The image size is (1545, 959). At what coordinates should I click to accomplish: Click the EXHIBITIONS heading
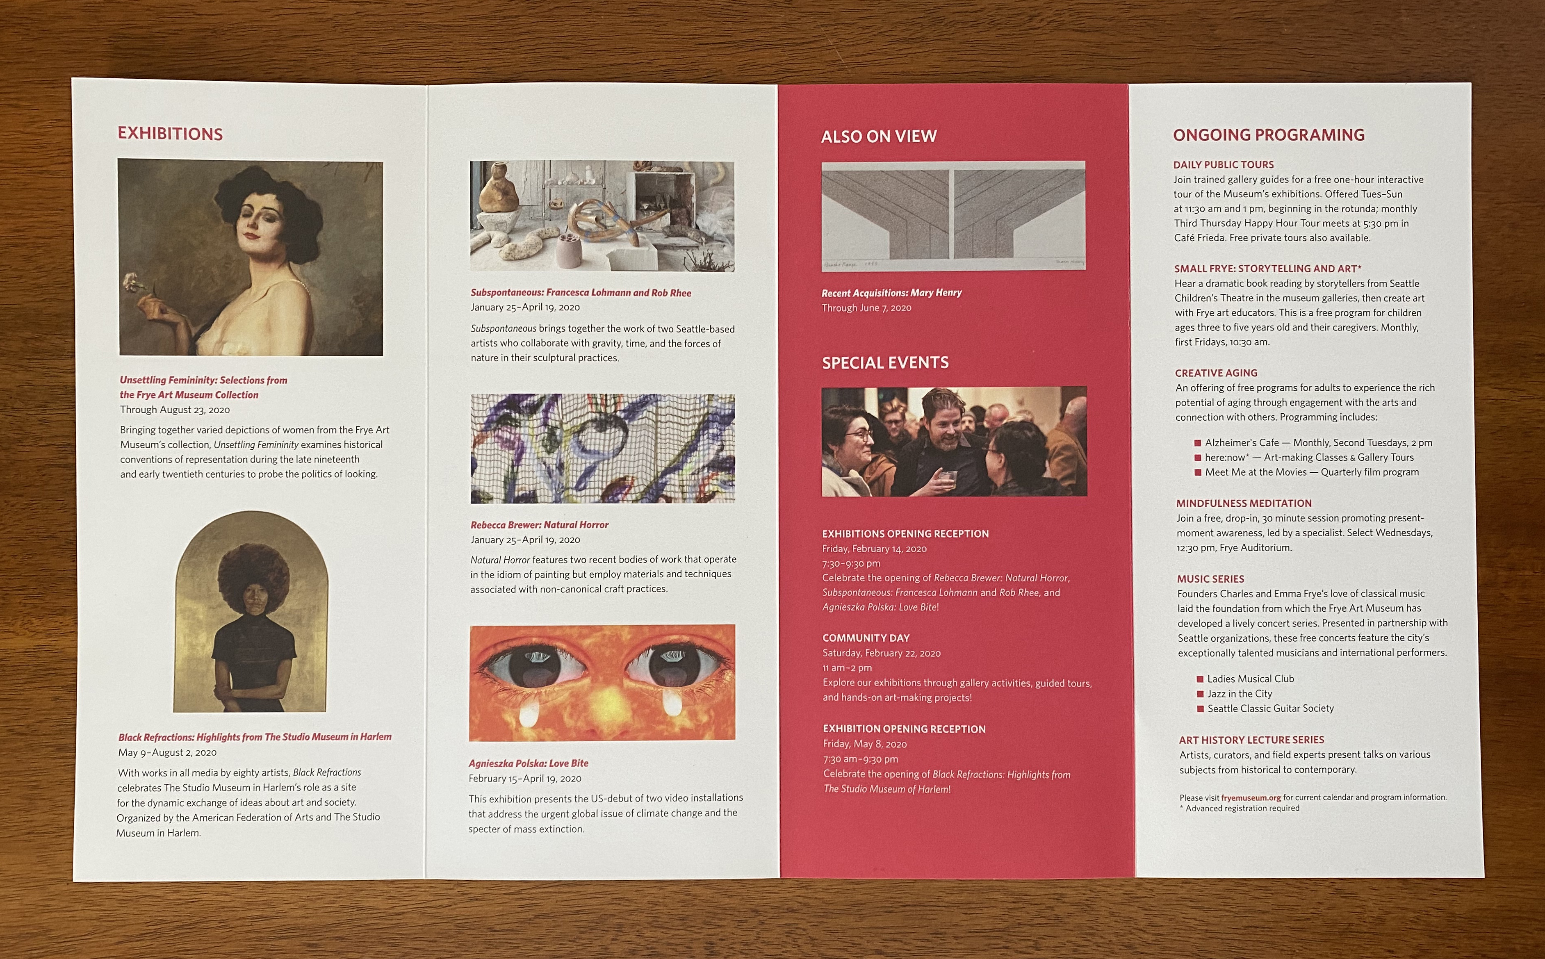170,134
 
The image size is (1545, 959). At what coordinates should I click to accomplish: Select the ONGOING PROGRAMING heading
1269,135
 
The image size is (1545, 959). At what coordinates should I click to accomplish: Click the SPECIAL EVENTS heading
885,363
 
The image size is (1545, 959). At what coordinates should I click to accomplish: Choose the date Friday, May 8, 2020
865,744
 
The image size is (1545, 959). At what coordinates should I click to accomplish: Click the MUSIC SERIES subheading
1211,579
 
